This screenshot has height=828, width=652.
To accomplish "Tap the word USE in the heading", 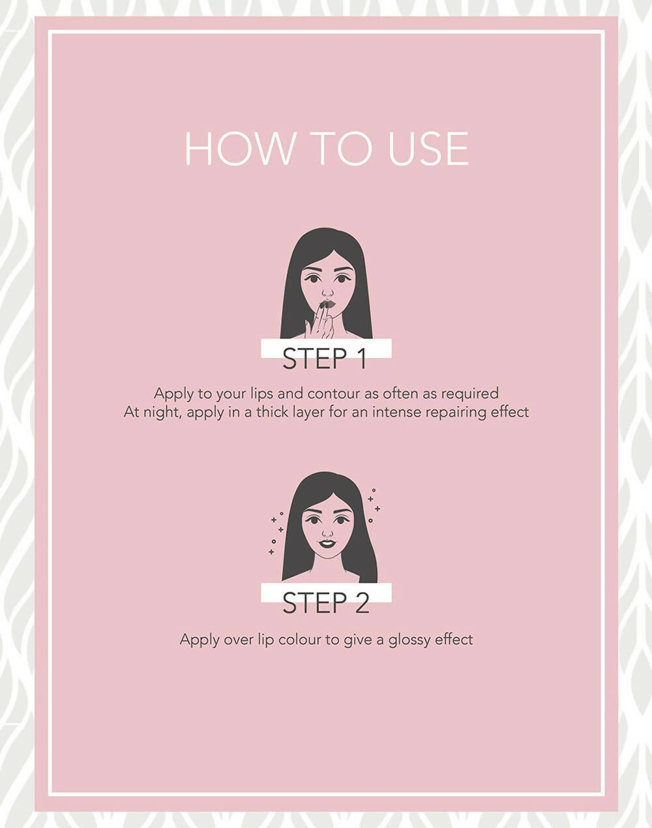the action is pos(428,149).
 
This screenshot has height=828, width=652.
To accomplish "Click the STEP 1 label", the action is pos(325,359).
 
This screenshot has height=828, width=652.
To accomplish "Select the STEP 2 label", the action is pos(325,602).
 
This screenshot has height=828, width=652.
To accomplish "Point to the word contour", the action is pos(334,394).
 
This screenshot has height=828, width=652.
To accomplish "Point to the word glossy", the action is pos(409,640).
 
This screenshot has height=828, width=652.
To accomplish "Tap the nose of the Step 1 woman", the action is pos(327,293).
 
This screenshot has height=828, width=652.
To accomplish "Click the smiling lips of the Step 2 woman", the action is pos(327,543).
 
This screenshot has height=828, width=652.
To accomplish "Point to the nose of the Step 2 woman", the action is pos(327,533).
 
